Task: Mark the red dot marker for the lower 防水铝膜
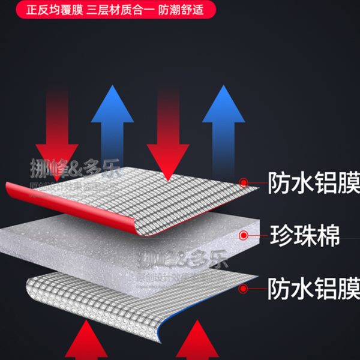pyautogui.click(x=243, y=289)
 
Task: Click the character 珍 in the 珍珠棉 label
pyautogui.click(x=280, y=235)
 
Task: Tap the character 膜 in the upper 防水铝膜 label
pyautogui.click(x=347, y=182)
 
